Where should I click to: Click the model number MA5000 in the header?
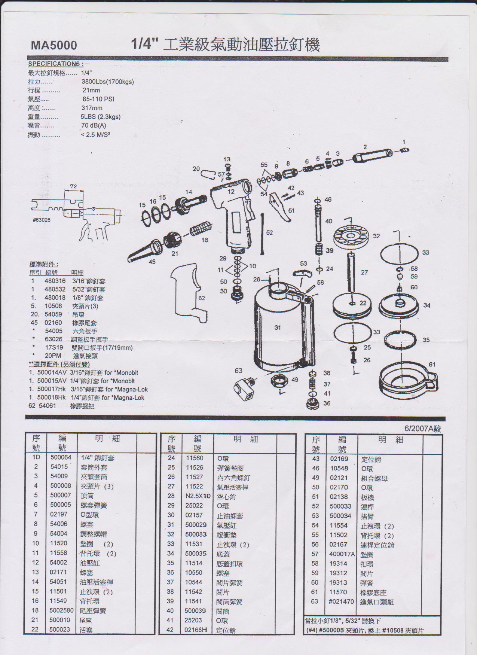point(54,45)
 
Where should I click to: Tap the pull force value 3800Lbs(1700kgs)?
point(107,82)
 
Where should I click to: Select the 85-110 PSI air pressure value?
point(98,99)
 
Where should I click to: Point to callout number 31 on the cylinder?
point(277,327)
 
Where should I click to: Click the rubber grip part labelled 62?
point(189,292)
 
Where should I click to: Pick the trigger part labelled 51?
point(280,207)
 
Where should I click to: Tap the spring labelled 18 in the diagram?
point(201,228)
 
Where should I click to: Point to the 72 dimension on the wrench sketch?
point(73,186)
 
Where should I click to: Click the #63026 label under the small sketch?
point(42,220)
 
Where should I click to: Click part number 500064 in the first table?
point(61,457)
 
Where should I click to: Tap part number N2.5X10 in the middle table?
point(198,496)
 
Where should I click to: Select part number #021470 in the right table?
point(341,601)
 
